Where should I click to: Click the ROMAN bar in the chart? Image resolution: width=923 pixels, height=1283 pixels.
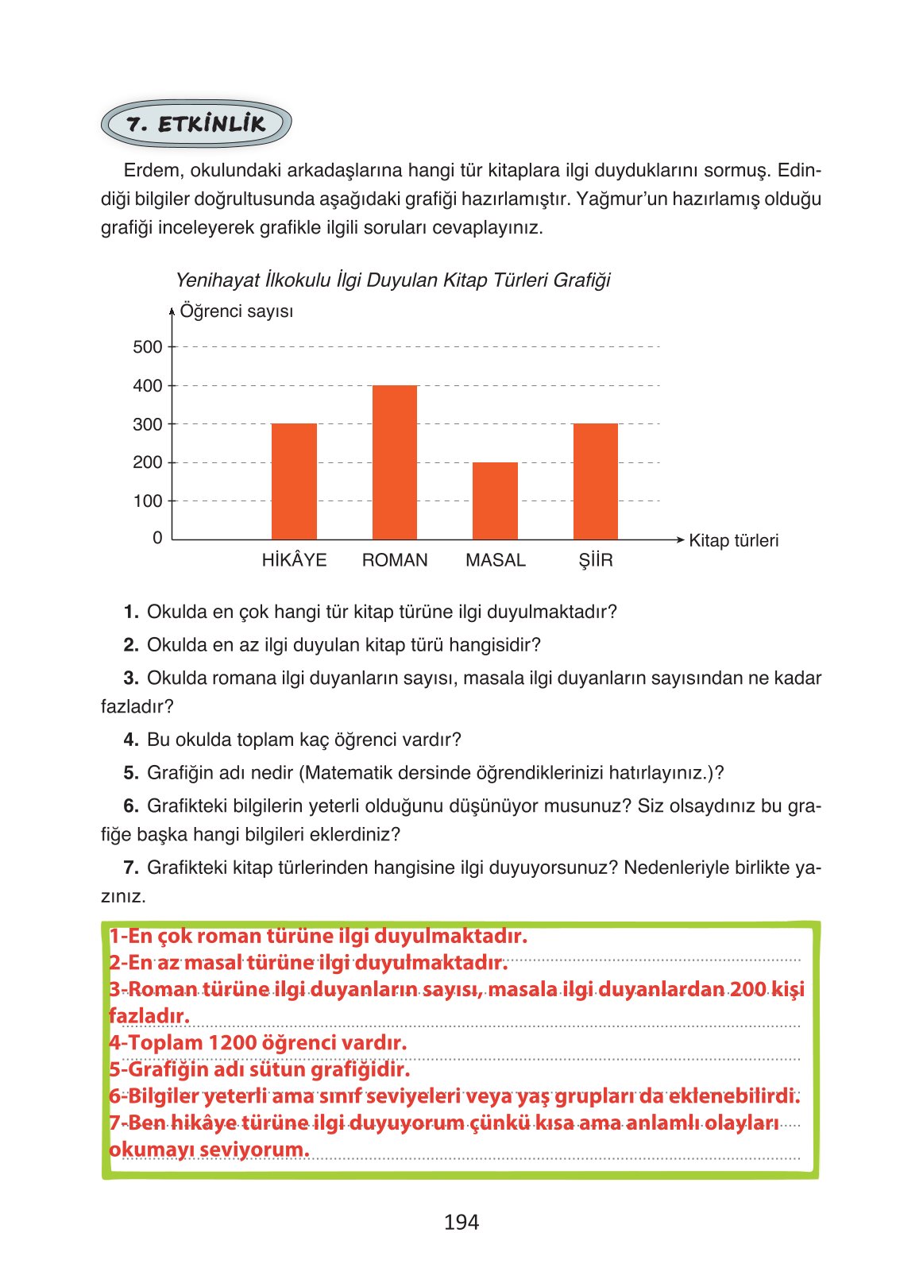395,462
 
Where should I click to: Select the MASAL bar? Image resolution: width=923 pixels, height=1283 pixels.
495,500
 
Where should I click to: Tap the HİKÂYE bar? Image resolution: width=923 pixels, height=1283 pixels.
294,481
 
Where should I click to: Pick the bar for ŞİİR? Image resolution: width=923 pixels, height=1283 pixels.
595,481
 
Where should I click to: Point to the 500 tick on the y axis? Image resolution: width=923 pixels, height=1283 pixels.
148,347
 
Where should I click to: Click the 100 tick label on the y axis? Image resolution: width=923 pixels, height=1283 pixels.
148,501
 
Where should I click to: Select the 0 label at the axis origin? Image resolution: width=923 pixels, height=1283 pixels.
157,539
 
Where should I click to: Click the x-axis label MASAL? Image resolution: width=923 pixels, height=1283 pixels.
496,560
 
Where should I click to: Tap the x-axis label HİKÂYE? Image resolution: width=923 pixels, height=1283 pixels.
294,560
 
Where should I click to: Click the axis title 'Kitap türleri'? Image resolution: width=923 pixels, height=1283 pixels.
733,541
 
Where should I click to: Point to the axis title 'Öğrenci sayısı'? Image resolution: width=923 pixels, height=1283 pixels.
237,311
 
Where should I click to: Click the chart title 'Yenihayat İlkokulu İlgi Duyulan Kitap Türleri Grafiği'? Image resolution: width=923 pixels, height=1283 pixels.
392,280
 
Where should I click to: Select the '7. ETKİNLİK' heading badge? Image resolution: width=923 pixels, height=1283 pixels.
196,124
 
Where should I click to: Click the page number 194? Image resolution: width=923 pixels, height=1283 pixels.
461,1223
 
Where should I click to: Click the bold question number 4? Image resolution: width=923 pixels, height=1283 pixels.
131,740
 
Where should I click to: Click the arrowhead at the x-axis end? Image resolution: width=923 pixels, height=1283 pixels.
679,540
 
